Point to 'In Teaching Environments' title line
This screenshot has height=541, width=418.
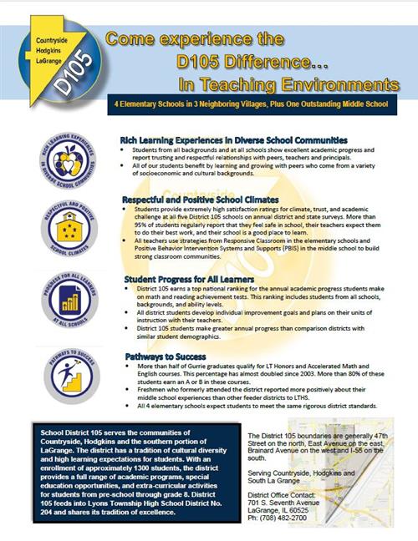click(288, 84)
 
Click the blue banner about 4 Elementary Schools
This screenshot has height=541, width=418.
click(255, 107)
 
